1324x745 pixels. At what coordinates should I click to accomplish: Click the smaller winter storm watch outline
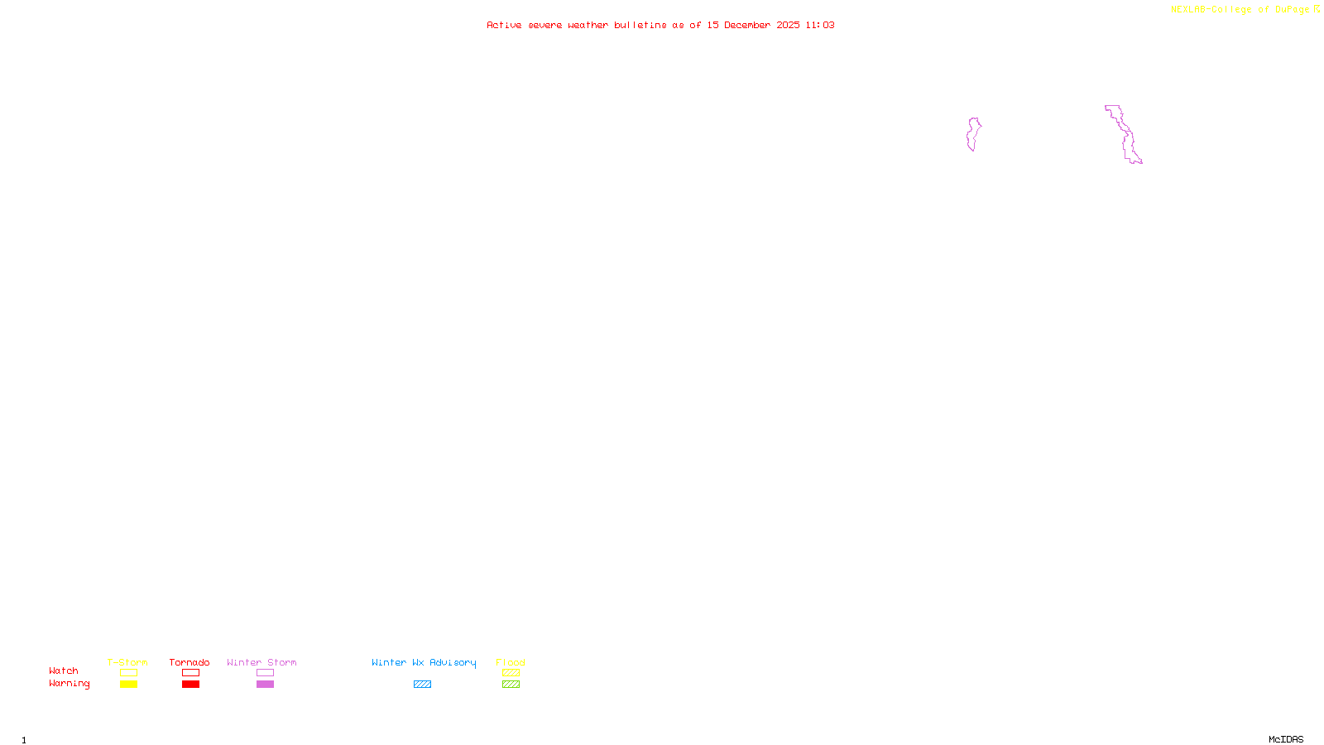click(973, 134)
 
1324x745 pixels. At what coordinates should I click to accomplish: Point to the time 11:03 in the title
click(819, 25)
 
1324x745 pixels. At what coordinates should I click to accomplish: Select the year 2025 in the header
click(788, 25)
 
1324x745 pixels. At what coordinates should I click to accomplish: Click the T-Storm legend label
click(127, 662)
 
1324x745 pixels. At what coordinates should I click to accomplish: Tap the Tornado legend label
click(189, 662)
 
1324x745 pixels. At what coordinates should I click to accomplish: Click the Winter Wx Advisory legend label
click(424, 662)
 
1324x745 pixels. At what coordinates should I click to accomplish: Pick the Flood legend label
click(511, 662)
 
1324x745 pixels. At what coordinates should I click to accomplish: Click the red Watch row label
click(64, 670)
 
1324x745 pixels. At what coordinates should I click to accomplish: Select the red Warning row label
click(69, 684)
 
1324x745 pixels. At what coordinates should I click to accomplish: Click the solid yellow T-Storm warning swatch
click(128, 685)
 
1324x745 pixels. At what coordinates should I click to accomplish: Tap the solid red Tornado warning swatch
click(190, 685)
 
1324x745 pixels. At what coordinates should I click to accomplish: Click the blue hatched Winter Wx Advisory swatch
click(422, 685)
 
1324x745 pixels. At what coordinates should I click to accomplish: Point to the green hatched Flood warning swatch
click(511, 685)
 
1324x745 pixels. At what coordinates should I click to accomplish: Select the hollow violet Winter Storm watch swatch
click(265, 673)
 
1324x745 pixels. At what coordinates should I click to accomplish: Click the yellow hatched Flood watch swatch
click(511, 673)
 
